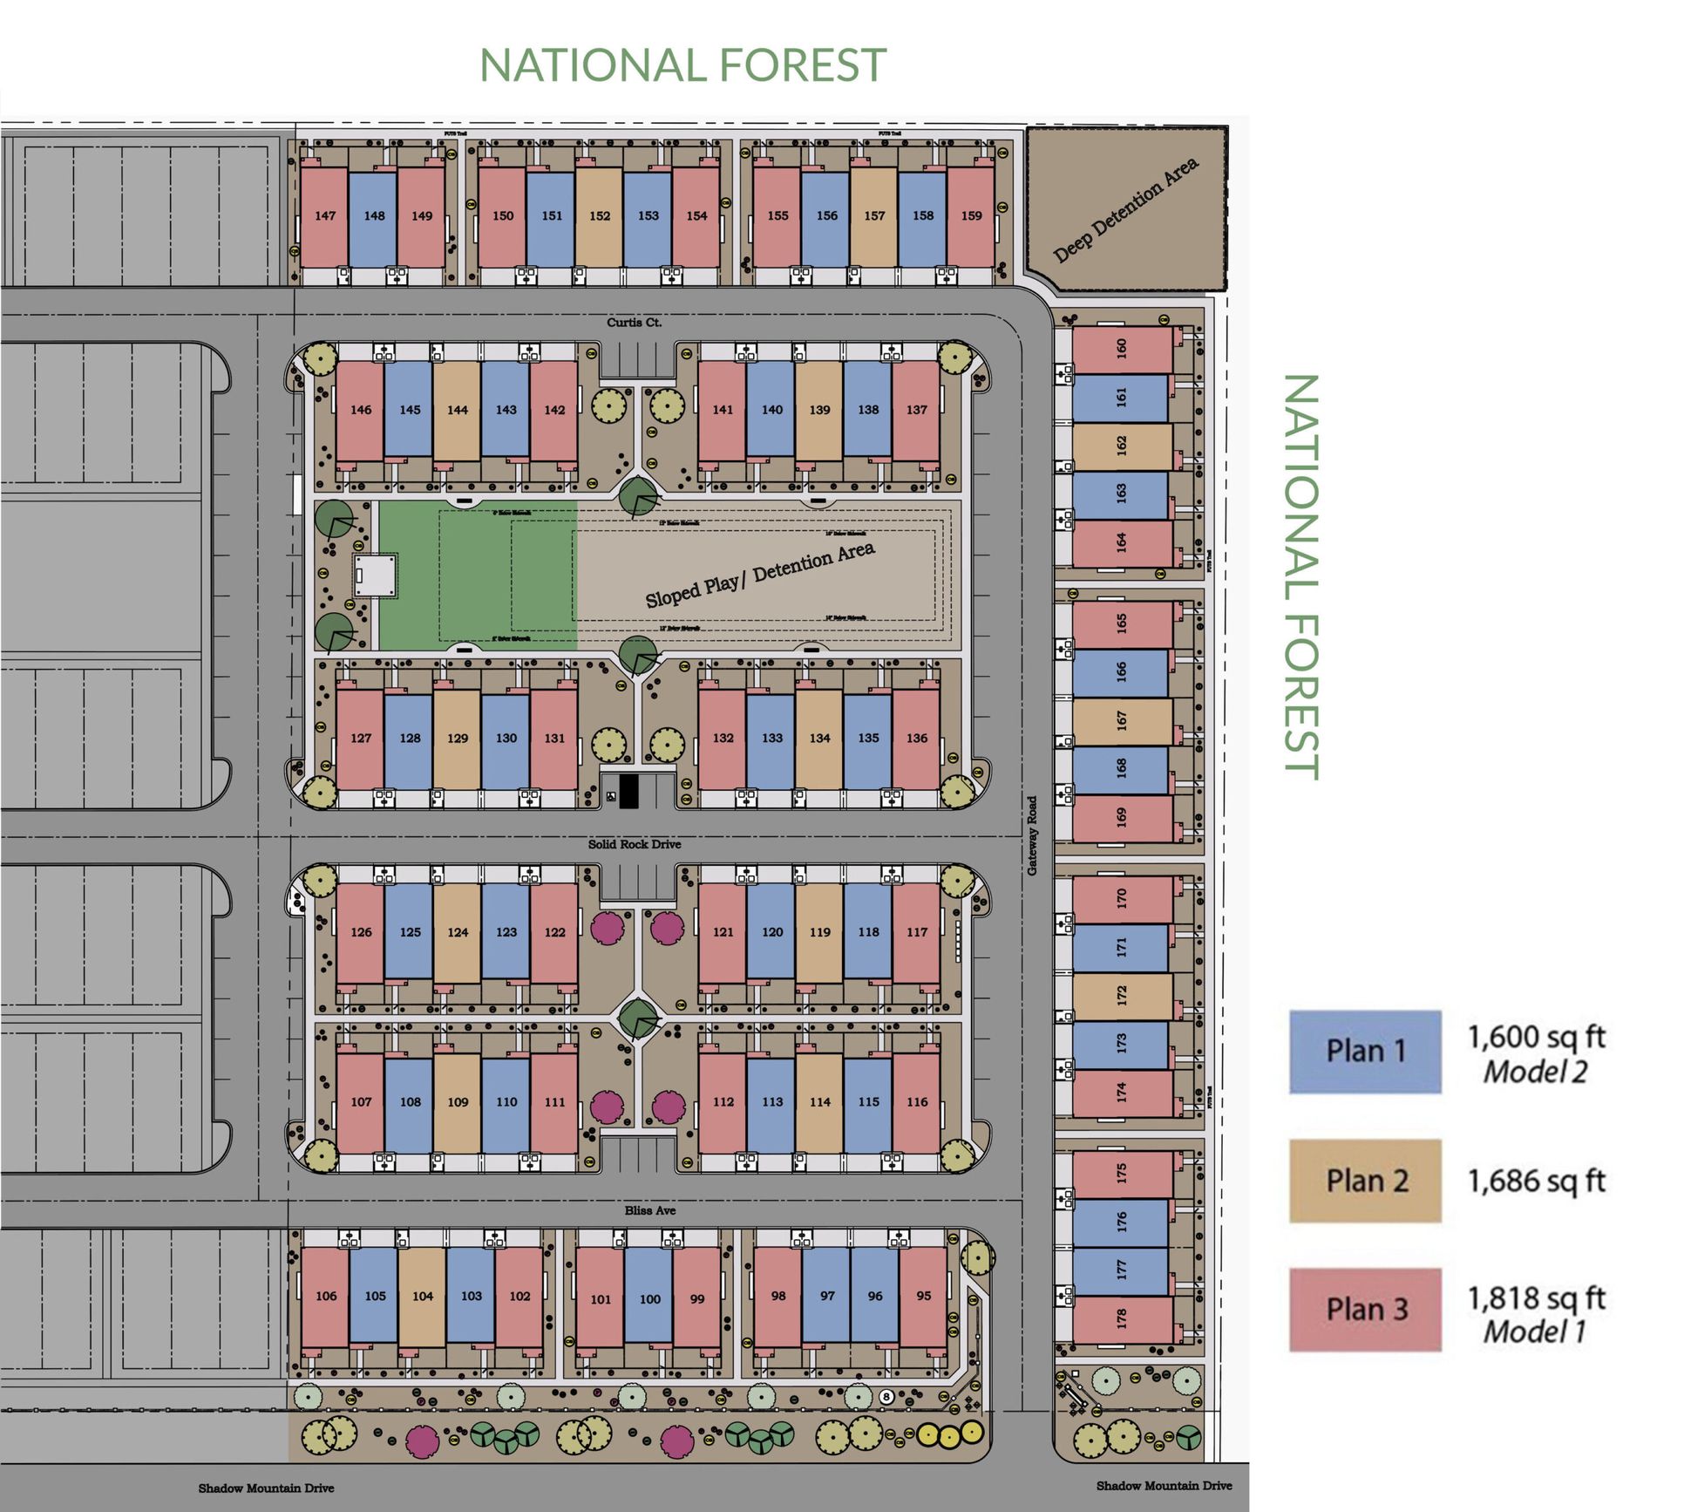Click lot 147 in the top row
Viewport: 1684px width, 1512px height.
pos(325,216)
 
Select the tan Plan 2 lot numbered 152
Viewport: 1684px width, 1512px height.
pos(600,216)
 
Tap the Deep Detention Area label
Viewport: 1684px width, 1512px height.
pos(1125,209)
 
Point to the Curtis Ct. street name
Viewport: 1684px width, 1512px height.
pos(634,323)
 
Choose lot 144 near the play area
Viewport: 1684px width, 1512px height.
pos(458,410)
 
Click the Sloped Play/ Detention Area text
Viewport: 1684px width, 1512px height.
pos(759,575)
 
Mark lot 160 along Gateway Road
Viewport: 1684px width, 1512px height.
pos(1122,349)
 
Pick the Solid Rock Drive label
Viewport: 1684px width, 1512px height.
pos(634,844)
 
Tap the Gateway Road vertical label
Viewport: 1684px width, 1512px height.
pos(1032,835)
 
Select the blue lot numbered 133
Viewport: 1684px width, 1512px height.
pos(771,738)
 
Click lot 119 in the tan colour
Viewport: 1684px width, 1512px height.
pos(819,932)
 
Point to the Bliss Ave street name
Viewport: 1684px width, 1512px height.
pos(649,1210)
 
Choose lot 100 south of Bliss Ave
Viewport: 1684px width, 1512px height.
pos(649,1299)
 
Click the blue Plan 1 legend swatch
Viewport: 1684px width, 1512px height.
pos(1365,1052)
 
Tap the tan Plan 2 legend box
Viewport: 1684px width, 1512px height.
pos(1365,1181)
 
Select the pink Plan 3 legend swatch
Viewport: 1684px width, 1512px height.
pos(1365,1310)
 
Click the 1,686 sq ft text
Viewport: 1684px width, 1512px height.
pos(1536,1181)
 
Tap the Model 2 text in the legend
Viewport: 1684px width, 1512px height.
pos(1535,1073)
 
